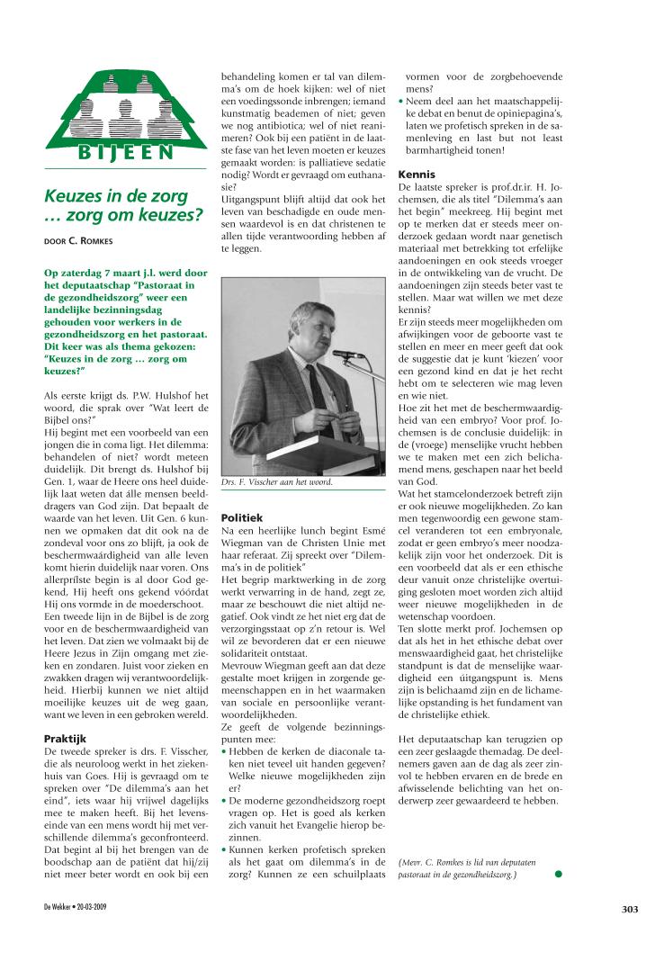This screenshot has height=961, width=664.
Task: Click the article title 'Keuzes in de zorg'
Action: (x=116, y=196)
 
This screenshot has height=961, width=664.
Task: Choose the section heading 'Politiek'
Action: (x=242, y=518)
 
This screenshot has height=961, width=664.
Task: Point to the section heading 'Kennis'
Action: (x=417, y=174)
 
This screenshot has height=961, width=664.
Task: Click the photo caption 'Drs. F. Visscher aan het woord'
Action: (x=277, y=482)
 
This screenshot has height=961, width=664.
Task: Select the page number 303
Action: (x=629, y=909)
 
